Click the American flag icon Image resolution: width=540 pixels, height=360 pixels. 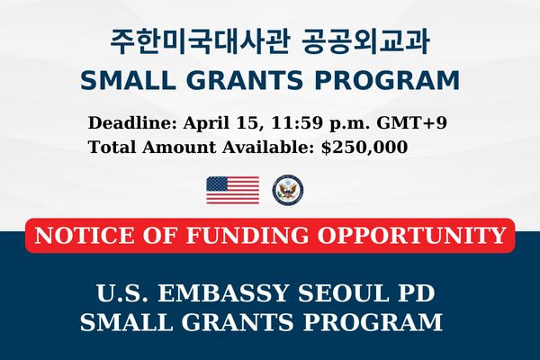click(x=233, y=190)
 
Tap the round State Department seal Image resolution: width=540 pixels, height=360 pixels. click(x=288, y=190)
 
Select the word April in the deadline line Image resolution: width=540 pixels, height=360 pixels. click(x=206, y=123)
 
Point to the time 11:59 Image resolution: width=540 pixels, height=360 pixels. click(x=297, y=123)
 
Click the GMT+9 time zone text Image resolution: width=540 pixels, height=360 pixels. click(x=412, y=123)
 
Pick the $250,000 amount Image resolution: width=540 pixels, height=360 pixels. click(x=364, y=148)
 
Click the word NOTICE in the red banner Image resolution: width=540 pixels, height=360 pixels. click(x=85, y=236)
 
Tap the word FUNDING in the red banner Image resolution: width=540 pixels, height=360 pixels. click(x=247, y=236)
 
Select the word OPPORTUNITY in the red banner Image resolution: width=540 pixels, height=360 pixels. click(x=411, y=236)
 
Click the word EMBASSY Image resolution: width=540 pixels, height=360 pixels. click(x=223, y=293)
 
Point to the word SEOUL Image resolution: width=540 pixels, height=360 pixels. click(x=344, y=293)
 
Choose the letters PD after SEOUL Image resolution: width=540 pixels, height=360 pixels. click(x=417, y=293)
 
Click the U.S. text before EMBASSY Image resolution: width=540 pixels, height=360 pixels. click(x=122, y=293)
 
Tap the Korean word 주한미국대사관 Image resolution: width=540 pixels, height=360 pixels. click(x=200, y=41)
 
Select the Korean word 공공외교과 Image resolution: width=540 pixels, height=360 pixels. click(x=366, y=41)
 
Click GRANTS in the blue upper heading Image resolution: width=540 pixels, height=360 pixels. click(x=245, y=80)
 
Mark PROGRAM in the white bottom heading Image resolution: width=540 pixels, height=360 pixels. click(x=373, y=322)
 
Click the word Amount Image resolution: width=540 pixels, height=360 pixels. click(x=179, y=147)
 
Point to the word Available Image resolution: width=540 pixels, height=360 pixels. click(x=268, y=147)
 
